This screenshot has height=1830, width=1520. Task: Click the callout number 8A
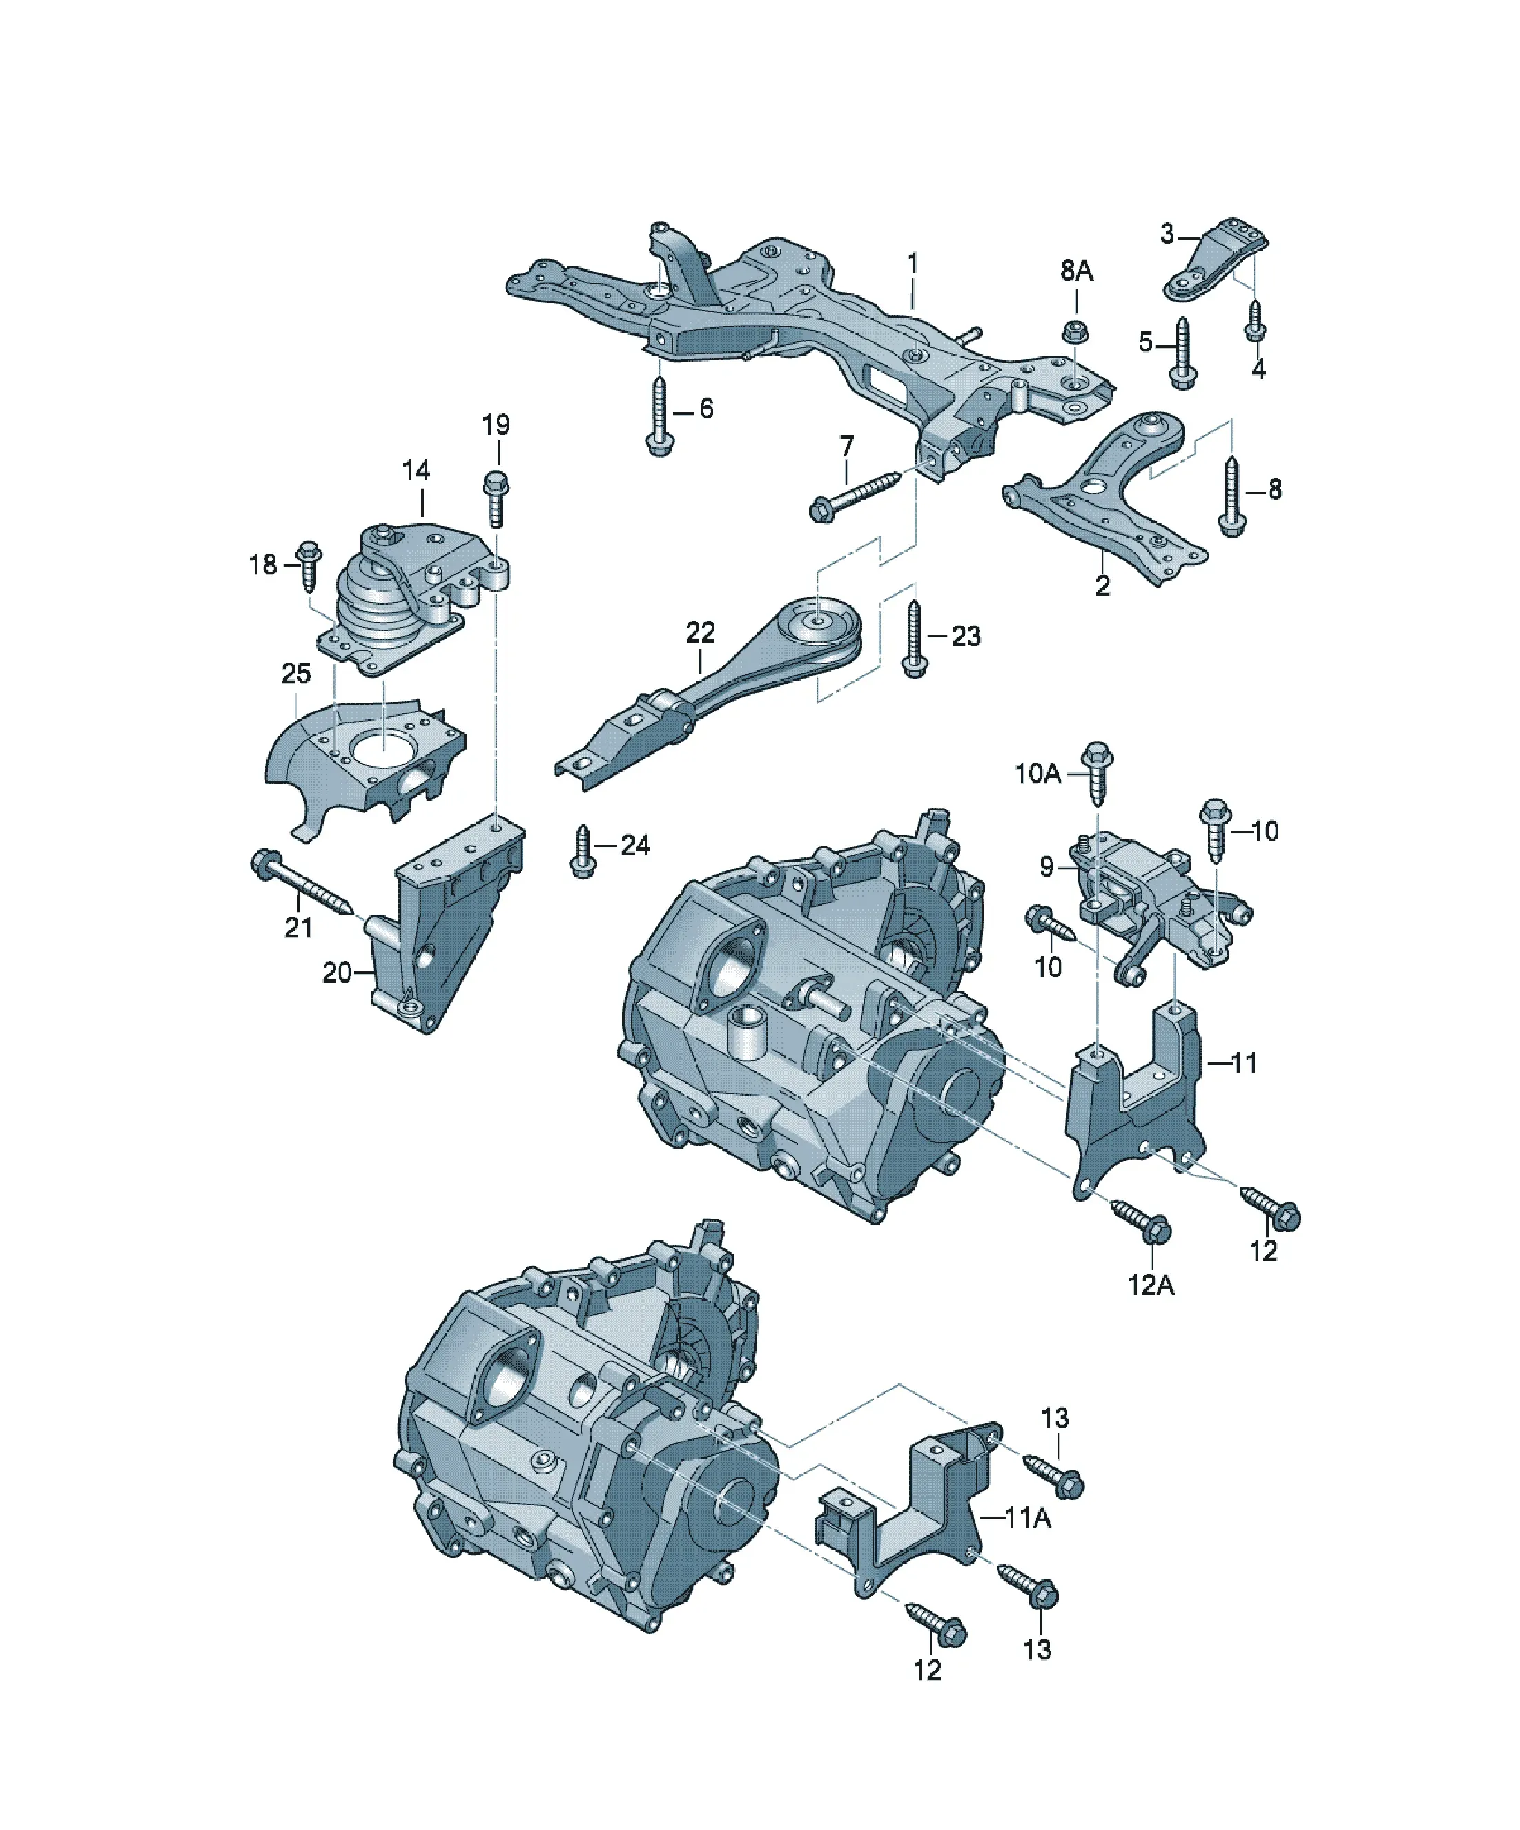tap(1076, 271)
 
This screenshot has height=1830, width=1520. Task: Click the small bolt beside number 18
tap(309, 565)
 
